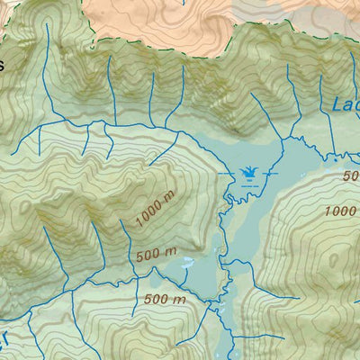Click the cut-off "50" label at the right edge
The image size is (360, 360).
point(350,176)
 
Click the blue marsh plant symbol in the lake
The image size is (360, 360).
point(247,171)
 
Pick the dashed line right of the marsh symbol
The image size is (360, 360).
point(272,172)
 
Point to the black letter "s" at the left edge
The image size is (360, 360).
point(3,65)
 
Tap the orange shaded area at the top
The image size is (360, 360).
point(135,18)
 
